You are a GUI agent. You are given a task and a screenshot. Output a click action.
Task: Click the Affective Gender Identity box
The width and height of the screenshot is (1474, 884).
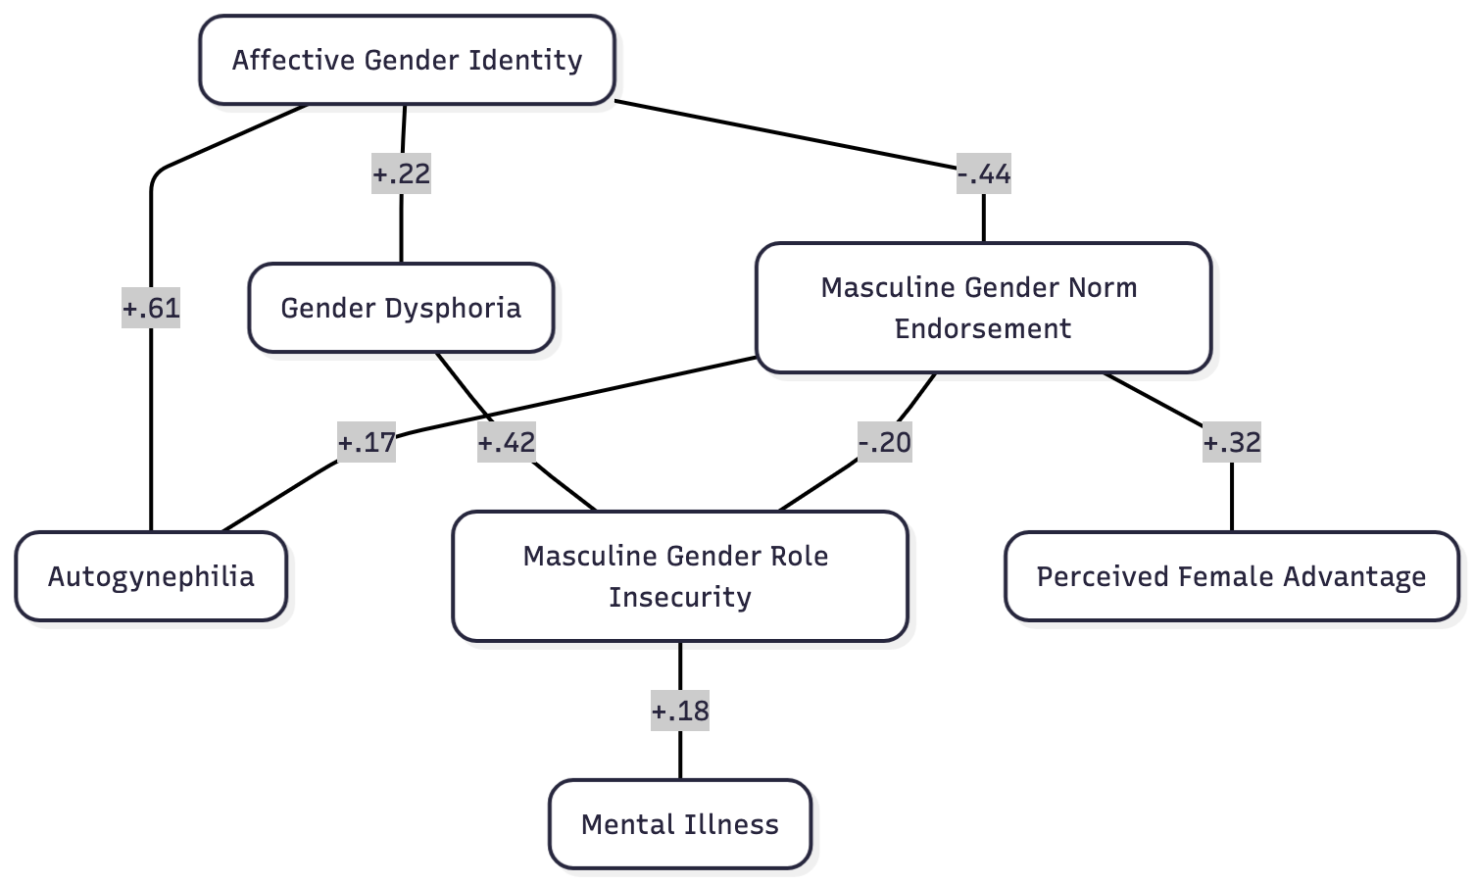(407, 60)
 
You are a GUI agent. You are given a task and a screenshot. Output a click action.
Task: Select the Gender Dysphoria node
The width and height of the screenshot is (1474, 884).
(401, 308)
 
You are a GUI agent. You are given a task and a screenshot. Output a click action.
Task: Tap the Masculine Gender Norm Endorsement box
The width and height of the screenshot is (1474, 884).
(983, 308)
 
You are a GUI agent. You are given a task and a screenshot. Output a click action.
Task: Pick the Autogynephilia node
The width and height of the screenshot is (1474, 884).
(151, 576)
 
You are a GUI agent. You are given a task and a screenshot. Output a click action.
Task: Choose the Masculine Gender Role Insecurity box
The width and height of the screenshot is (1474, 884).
(679, 576)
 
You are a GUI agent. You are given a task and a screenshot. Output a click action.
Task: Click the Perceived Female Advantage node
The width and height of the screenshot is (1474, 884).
(1231, 576)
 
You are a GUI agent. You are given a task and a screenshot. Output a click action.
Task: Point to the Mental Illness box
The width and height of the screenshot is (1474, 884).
(679, 824)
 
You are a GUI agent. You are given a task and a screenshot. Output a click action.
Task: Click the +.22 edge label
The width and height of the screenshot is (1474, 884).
(401, 174)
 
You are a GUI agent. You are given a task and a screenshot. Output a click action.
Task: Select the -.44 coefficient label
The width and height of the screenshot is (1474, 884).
(984, 174)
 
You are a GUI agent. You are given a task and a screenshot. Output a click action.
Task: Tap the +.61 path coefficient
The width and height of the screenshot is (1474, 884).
(151, 308)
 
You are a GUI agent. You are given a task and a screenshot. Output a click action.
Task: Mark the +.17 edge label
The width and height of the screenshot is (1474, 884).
(367, 443)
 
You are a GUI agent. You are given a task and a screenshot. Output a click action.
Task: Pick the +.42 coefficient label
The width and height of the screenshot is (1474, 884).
(506, 443)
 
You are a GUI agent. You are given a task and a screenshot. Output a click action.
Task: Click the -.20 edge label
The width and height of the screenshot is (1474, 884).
(885, 443)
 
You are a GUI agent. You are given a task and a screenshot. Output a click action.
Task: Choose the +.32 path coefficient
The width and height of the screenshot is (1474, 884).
(1232, 443)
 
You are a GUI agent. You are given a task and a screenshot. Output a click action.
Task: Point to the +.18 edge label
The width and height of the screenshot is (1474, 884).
(680, 711)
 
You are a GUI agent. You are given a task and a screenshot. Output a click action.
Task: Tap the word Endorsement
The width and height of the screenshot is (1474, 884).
(983, 328)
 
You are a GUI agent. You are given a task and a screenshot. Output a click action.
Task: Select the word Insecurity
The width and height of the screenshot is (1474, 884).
(680, 597)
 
